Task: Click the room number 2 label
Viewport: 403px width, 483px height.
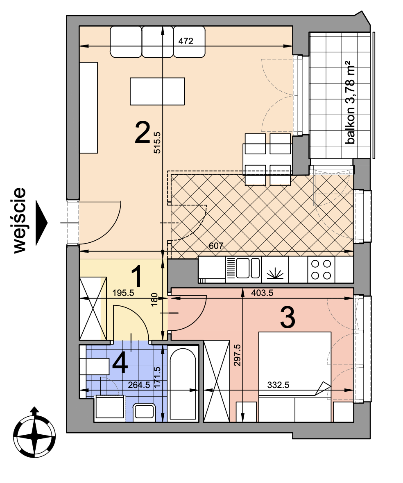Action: coord(143,133)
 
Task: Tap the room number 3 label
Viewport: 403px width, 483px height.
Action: coord(288,318)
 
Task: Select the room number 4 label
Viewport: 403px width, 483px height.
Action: coord(120,363)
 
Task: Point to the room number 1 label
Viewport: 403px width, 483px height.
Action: coord(137,276)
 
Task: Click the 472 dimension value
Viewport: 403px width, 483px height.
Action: coord(186,41)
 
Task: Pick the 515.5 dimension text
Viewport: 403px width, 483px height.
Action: coord(157,142)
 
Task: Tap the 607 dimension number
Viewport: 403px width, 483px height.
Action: coord(216,246)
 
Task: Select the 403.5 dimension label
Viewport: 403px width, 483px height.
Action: coord(262,293)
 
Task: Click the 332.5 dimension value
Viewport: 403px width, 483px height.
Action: coord(278,385)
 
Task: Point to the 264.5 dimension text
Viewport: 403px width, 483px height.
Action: coord(139,385)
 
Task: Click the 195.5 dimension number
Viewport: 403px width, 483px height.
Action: coord(123,293)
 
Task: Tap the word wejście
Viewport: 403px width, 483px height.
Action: coord(19,221)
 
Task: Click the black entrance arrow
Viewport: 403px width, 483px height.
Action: coord(42,223)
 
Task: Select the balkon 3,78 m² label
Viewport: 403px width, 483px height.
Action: coord(350,102)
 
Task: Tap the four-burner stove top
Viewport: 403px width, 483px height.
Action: coord(321,269)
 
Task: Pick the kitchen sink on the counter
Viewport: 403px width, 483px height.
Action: coord(243,269)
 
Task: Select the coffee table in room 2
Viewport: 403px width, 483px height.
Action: coord(157,91)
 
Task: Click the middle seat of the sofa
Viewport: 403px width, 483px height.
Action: coord(157,42)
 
